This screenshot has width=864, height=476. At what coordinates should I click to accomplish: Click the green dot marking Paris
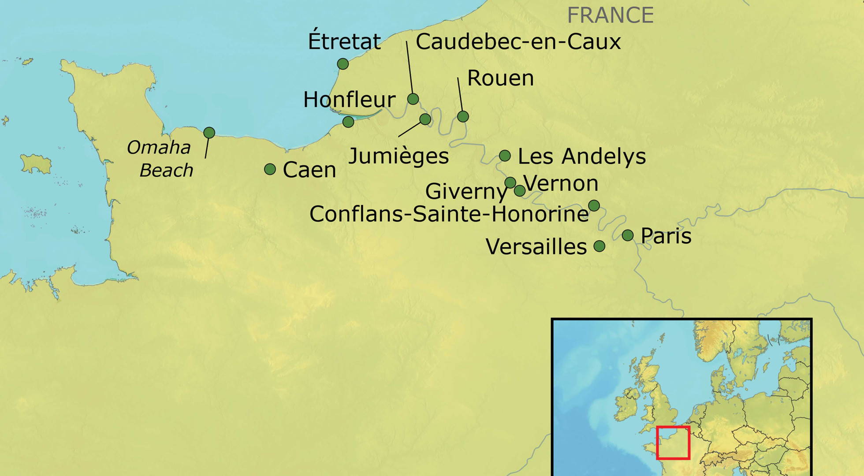(x=628, y=235)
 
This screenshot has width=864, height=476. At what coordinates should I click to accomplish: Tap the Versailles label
(x=536, y=246)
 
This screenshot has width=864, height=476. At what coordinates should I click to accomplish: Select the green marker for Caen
(x=270, y=169)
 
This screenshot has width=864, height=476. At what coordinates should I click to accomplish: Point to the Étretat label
(x=344, y=41)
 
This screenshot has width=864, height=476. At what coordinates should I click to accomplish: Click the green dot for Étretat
(x=343, y=64)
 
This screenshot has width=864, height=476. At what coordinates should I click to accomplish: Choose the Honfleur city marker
(x=348, y=122)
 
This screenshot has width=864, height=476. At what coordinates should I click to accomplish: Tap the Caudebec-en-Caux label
(x=518, y=42)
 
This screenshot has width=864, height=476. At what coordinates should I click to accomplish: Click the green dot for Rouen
(x=463, y=116)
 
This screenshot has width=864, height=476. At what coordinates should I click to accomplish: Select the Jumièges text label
(x=398, y=156)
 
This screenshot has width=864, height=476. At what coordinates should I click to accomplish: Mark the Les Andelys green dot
(x=505, y=156)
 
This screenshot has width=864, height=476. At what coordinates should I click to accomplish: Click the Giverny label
(x=466, y=191)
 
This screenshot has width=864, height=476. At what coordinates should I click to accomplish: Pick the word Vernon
(x=561, y=183)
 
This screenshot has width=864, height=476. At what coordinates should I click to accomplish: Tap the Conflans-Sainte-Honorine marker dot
(x=594, y=205)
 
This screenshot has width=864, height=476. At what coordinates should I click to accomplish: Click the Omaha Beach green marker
(x=209, y=132)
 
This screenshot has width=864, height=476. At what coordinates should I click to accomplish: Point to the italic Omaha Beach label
(x=161, y=159)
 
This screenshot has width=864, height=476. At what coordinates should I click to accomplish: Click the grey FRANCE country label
(x=610, y=15)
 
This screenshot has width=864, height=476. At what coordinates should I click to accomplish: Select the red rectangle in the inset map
(x=673, y=443)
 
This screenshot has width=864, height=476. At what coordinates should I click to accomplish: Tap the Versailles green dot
(x=599, y=246)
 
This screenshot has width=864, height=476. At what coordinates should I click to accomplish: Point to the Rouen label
(x=500, y=78)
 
